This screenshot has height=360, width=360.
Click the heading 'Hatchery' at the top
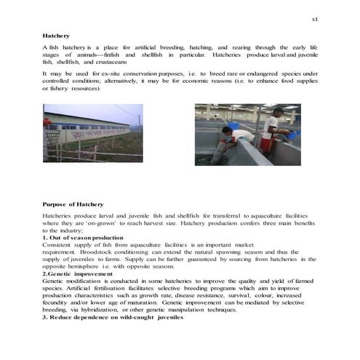click(55, 34)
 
